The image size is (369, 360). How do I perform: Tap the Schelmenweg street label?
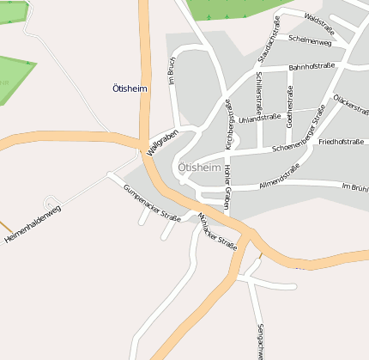pyautogui.click(x=311, y=40)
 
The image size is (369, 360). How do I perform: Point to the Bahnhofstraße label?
pyautogui.click(x=312, y=66)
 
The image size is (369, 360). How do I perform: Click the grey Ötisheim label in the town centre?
pyautogui.click(x=199, y=168)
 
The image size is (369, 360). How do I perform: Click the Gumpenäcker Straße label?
pyautogui.click(x=152, y=203)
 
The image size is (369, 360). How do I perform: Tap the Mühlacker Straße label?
pyautogui.click(x=217, y=229)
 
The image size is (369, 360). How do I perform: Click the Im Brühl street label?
pyautogui.click(x=354, y=186)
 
